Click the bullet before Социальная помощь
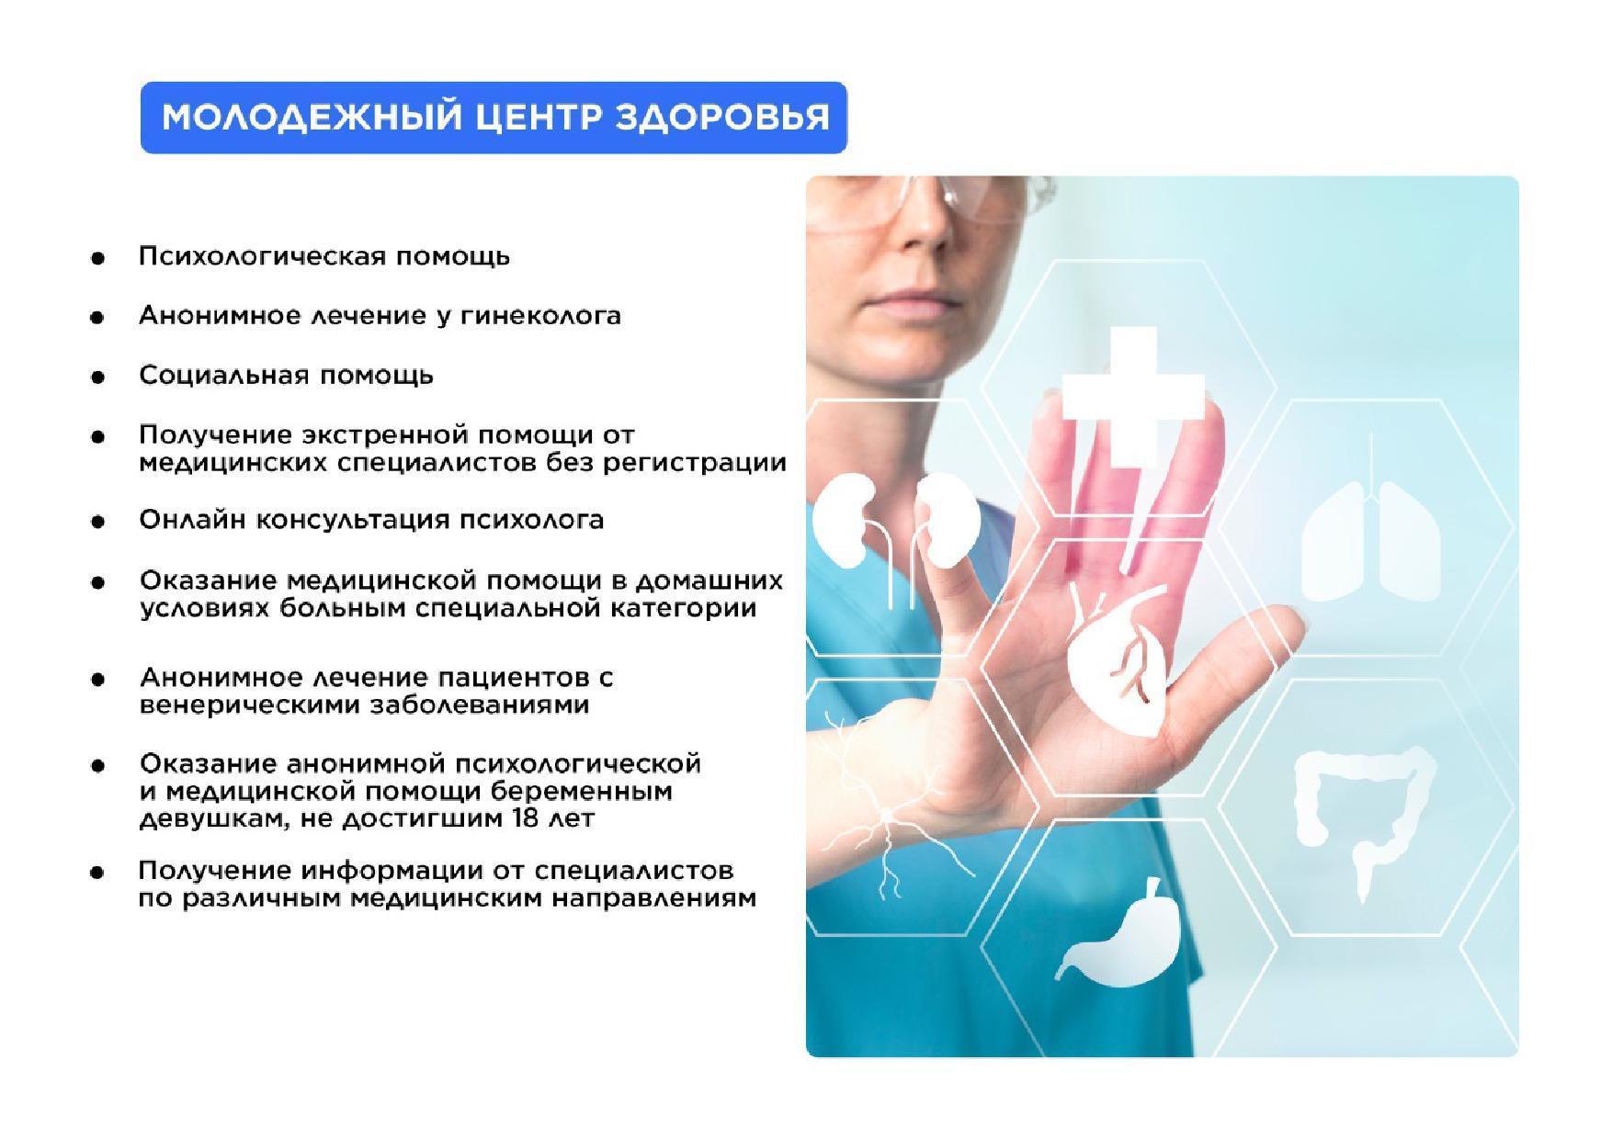[x=97, y=378]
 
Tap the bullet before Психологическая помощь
[x=97, y=258]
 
